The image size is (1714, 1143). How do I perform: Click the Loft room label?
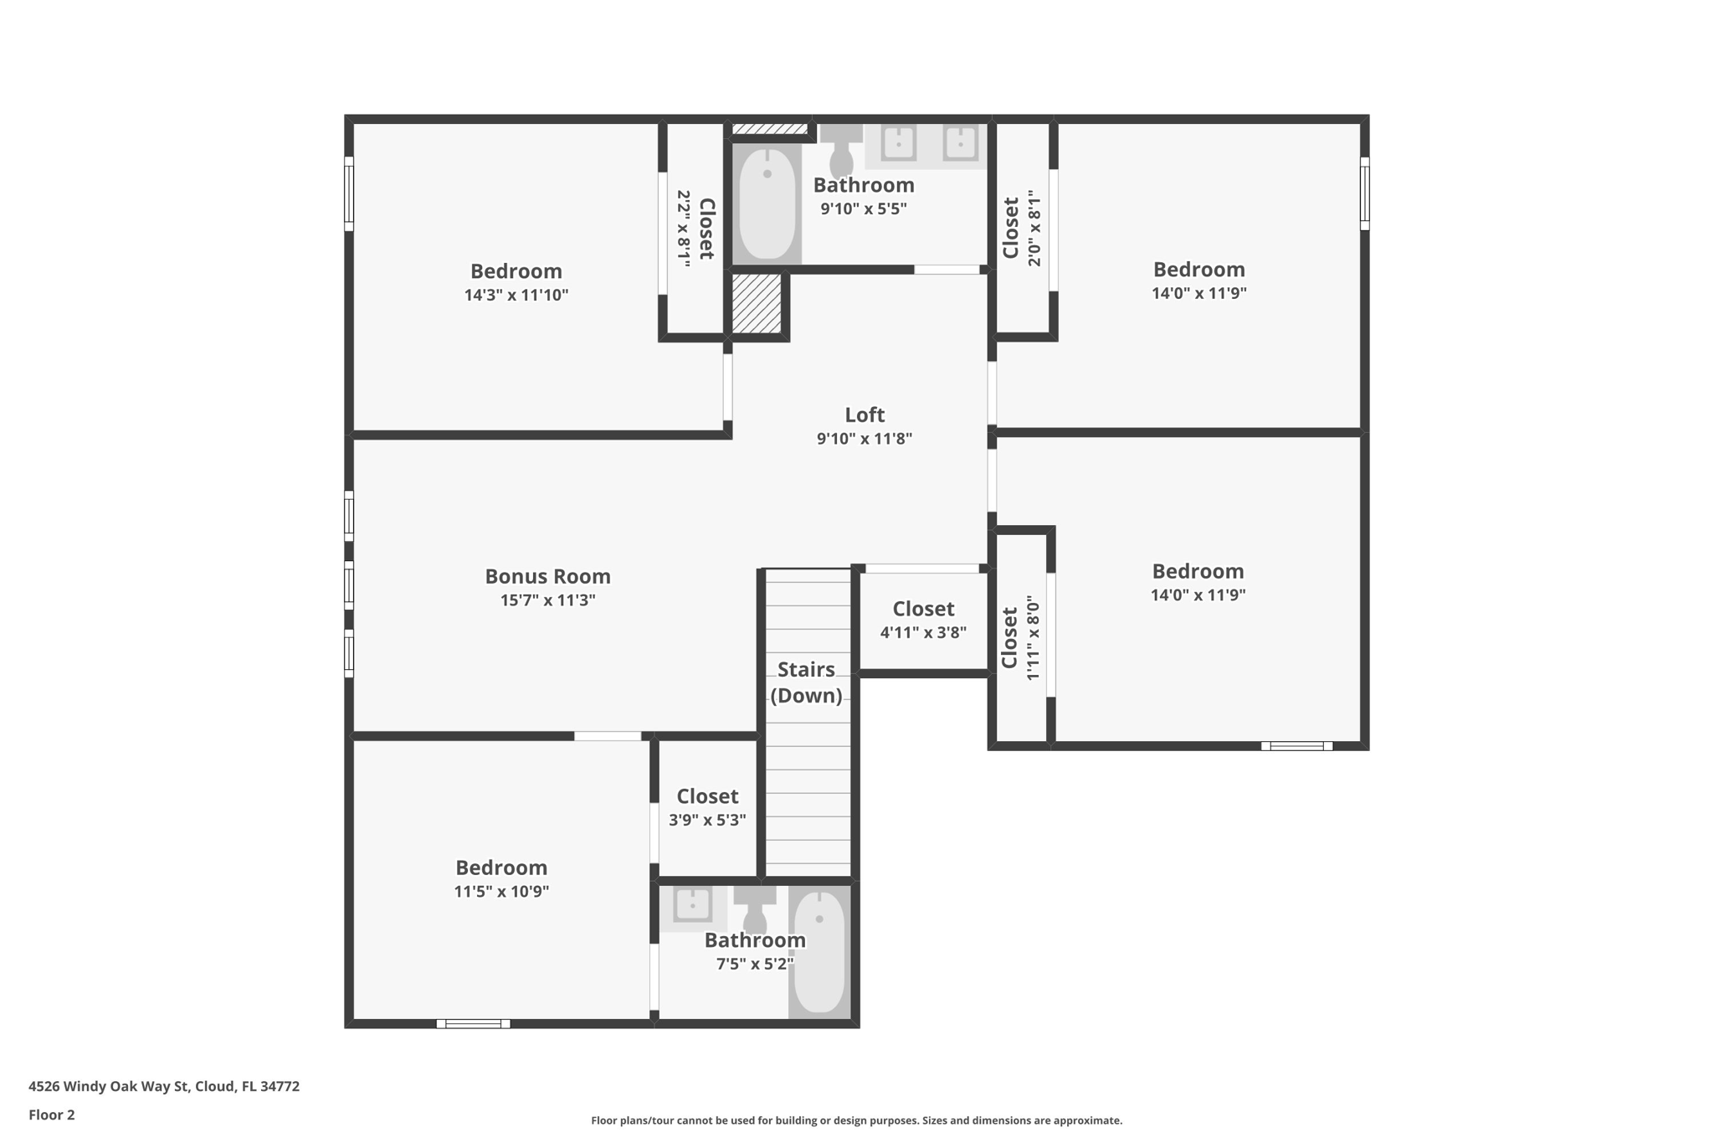pyautogui.click(x=865, y=414)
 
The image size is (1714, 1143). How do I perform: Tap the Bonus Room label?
pyautogui.click(x=548, y=576)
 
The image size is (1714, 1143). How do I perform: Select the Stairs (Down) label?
pyautogui.click(x=806, y=682)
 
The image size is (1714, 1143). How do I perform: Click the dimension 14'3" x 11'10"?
pyautogui.click(x=516, y=295)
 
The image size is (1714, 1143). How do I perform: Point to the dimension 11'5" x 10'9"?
pyautogui.click(x=501, y=891)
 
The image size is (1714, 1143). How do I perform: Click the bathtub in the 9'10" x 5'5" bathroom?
pyautogui.click(x=767, y=204)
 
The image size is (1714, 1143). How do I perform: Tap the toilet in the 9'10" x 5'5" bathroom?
pyautogui.click(x=841, y=151)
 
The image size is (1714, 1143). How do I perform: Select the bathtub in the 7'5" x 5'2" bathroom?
pyautogui.click(x=819, y=953)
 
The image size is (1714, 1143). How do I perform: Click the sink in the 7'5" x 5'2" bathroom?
pyautogui.click(x=693, y=906)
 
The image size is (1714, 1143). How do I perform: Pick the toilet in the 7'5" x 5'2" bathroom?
pyautogui.click(x=755, y=909)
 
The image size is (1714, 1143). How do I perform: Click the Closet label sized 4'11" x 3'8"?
pyautogui.click(x=923, y=609)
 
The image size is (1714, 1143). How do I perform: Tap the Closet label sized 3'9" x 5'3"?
pyautogui.click(x=707, y=796)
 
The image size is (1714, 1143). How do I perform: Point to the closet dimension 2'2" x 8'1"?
pyautogui.click(x=684, y=229)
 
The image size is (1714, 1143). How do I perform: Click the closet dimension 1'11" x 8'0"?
pyautogui.click(x=1033, y=638)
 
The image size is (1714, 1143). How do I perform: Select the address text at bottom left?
pyautogui.click(x=164, y=1086)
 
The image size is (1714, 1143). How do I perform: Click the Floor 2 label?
pyautogui.click(x=52, y=1115)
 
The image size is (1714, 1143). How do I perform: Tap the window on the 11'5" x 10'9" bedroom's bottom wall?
pyautogui.click(x=473, y=1023)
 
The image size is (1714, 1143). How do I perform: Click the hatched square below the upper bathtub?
pyautogui.click(x=757, y=303)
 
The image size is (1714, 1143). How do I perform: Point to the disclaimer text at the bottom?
pyautogui.click(x=856, y=1120)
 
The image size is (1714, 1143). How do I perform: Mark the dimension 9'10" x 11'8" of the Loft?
pyautogui.click(x=865, y=438)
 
